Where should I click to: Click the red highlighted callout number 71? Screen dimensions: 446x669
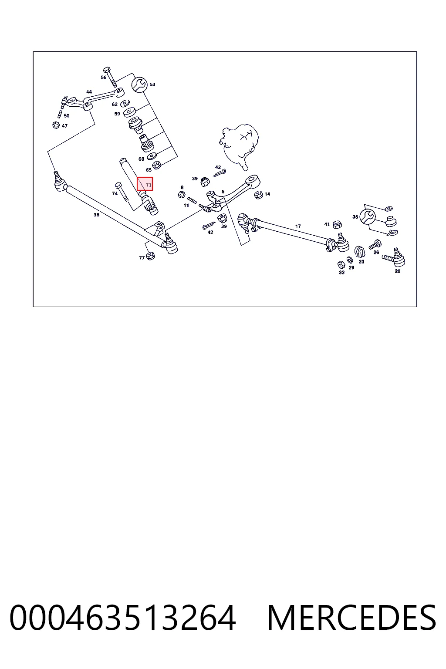[x=145, y=184]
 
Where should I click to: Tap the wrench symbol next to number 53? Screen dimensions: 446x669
[x=139, y=85]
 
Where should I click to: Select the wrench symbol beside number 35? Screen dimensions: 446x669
[x=367, y=216]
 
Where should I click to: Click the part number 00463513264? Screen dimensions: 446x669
[x=122, y=617]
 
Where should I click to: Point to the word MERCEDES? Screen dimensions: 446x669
[x=351, y=617]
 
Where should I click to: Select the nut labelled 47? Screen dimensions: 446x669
[x=56, y=125]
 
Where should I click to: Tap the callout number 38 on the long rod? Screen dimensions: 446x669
[x=96, y=215]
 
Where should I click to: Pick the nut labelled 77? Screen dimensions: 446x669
[x=151, y=256]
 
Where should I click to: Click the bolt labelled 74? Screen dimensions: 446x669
[x=122, y=192]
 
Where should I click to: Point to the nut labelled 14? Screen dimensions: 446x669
[x=258, y=195]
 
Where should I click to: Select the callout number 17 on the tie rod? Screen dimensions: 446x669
[x=298, y=226]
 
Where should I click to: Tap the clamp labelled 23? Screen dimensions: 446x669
[x=360, y=251]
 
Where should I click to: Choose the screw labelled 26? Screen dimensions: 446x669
[x=375, y=244]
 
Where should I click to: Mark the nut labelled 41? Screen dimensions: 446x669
[x=337, y=224]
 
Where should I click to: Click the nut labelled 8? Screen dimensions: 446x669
[x=181, y=194]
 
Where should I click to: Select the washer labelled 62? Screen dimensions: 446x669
[x=125, y=103]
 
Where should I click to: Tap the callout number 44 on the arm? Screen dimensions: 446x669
[x=89, y=92]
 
